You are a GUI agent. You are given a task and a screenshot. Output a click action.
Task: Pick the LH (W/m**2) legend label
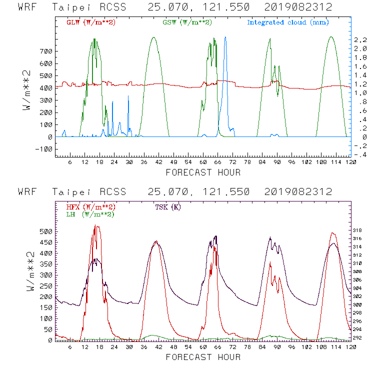pos(90,214)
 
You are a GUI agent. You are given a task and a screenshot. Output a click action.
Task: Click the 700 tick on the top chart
pos(46,51)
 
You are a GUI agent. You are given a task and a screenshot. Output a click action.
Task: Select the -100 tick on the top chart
pos(45,149)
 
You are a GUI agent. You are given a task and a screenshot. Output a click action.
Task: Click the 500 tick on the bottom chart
pos(46,232)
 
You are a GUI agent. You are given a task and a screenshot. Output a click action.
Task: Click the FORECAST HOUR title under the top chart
pos(203,172)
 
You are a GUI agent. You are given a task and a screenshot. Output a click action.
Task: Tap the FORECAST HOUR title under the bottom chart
pos(203,357)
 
